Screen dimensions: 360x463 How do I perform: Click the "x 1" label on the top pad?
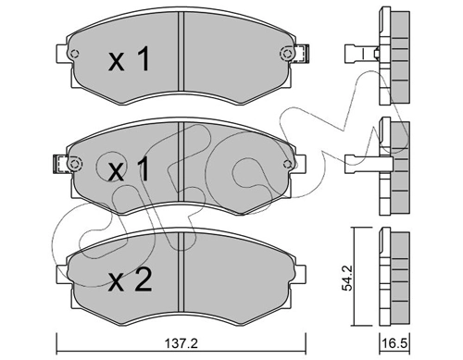[x=130, y=62]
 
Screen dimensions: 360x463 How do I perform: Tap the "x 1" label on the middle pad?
[x=130, y=171]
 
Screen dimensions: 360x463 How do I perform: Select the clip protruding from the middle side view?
[x=359, y=159]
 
